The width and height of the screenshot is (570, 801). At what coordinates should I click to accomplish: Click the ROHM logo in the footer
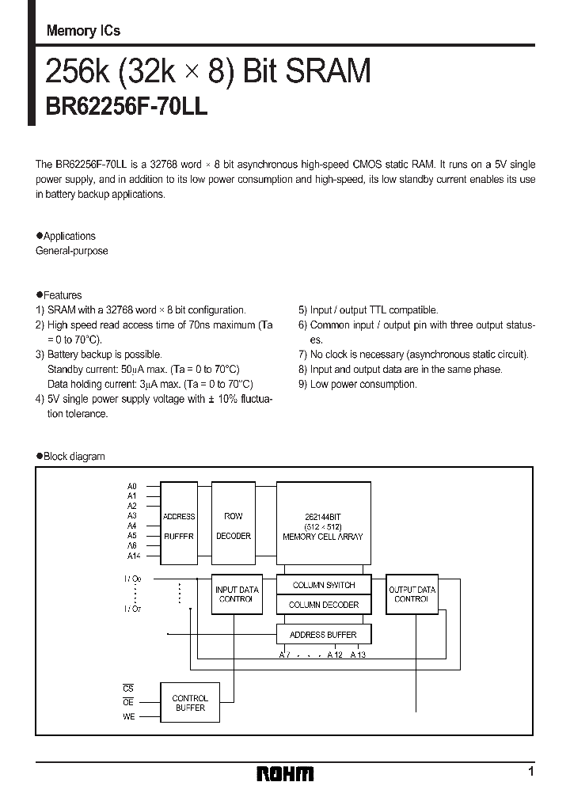point(285,773)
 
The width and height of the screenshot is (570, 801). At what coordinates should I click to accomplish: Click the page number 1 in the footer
point(530,771)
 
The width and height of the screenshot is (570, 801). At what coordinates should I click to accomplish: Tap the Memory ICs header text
point(83,31)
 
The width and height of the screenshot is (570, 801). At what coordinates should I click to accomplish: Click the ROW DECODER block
point(234,526)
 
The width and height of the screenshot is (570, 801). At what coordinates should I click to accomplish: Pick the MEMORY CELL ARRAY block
point(323,526)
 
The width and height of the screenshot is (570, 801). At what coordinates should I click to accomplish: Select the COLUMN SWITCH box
point(323,585)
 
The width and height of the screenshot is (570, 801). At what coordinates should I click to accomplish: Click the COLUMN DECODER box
point(323,605)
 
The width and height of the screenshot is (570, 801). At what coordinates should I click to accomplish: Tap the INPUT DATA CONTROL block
point(237,595)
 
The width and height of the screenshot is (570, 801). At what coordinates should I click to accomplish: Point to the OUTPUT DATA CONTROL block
point(411,595)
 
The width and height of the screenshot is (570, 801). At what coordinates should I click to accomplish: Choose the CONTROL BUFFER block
point(190,703)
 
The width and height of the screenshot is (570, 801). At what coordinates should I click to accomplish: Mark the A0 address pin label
point(131,486)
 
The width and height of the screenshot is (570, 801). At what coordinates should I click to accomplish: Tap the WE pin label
point(128,716)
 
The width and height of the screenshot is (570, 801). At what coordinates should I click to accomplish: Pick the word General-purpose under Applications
point(72,251)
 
